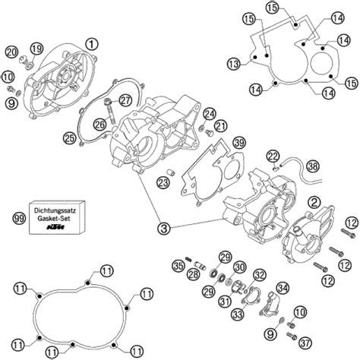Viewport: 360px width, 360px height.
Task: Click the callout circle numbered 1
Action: (x=91, y=44)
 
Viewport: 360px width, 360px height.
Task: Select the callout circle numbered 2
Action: (x=314, y=202)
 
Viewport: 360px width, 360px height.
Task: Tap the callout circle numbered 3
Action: (x=164, y=229)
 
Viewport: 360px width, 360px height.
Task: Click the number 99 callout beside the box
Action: (x=19, y=218)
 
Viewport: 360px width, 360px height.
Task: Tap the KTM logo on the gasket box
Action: (x=55, y=227)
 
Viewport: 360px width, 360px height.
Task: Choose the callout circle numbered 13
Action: (x=233, y=64)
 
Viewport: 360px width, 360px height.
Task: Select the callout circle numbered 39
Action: (x=239, y=143)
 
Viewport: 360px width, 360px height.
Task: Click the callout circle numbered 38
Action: (x=313, y=166)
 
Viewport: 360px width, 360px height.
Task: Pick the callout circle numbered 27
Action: (x=125, y=100)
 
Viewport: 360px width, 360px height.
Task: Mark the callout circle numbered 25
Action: (x=70, y=138)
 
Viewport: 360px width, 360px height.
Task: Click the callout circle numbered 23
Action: (x=163, y=182)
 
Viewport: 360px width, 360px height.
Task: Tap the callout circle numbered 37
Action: (x=305, y=343)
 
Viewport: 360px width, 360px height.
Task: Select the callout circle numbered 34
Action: (x=283, y=288)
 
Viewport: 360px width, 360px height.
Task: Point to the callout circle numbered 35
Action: (x=178, y=266)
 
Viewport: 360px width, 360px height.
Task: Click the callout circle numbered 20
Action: (x=11, y=52)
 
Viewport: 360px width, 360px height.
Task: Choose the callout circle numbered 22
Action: (x=273, y=156)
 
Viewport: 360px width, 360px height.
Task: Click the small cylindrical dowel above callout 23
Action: (x=170, y=172)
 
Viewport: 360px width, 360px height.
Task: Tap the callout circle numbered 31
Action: (x=225, y=301)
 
